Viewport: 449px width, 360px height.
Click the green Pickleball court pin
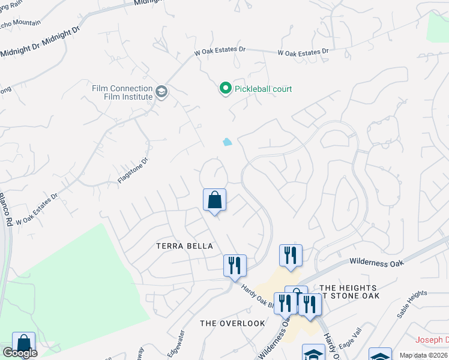(x=225, y=89)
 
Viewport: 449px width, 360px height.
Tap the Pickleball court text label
(x=263, y=89)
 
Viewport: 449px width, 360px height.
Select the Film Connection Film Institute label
(x=122, y=92)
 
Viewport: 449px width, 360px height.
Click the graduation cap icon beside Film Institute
(x=161, y=92)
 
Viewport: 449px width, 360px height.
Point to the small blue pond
(x=227, y=142)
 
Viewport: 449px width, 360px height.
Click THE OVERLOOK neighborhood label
(x=232, y=323)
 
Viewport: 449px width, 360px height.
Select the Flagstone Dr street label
(x=133, y=170)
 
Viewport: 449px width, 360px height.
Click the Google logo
(x=20, y=353)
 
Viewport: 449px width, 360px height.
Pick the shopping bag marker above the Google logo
(x=23, y=344)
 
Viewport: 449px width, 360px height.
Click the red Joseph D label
(x=432, y=340)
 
